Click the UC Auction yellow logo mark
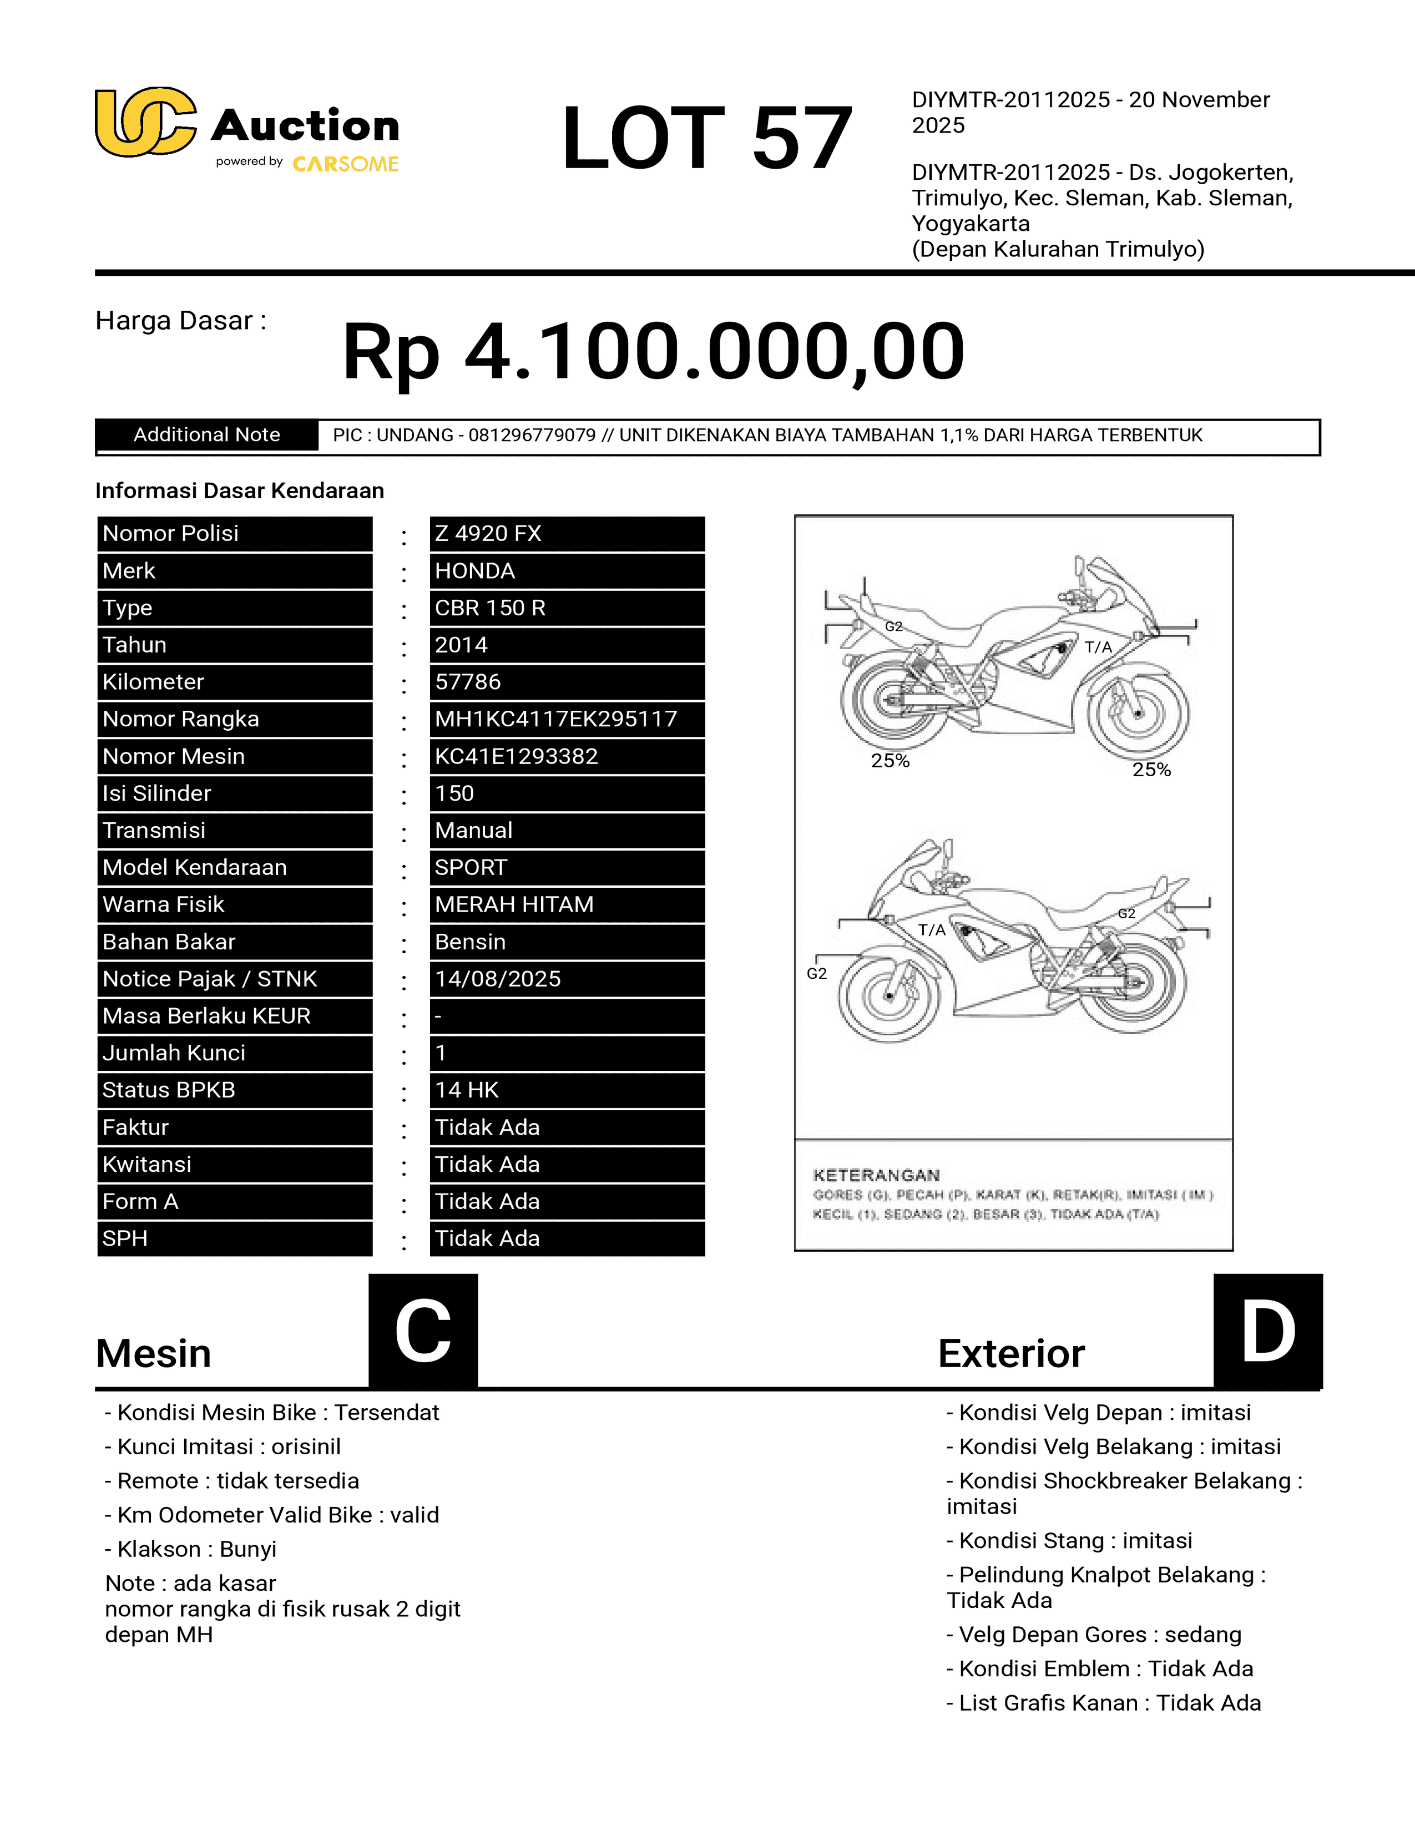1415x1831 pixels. point(145,123)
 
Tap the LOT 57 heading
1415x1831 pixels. point(706,138)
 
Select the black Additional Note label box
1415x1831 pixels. point(207,435)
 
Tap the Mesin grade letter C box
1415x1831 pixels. point(423,1331)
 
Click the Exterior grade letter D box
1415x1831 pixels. point(1267,1331)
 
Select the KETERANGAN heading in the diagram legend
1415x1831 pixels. point(876,1175)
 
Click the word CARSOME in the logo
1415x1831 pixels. point(345,164)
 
